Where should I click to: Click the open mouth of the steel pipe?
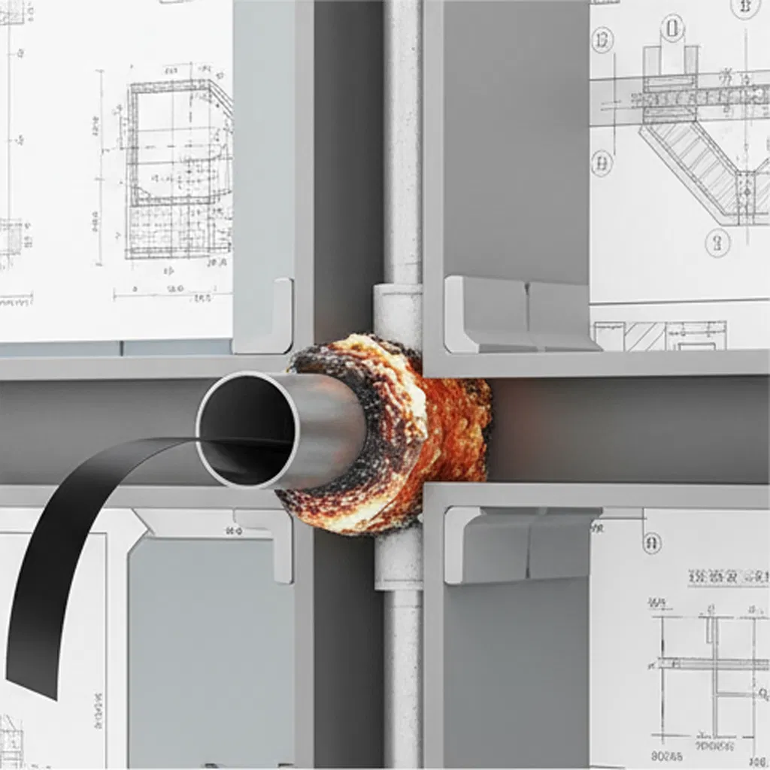(x=246, y=430)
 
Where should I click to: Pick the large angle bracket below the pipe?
(x=519, y=544)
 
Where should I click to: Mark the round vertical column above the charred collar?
(x=402, y=150)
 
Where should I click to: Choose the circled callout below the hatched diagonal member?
(x=717, y=242)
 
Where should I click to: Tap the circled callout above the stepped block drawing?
(x=671, y=29)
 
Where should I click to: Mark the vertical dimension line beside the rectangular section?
(x=100, y=165)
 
